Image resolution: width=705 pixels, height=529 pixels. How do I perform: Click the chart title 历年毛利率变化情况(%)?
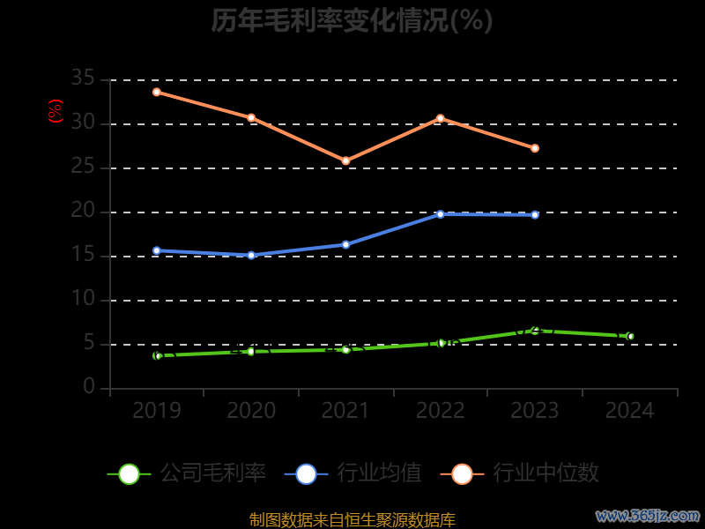pos(352,19)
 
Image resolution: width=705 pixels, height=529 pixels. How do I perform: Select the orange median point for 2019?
pos(156,92)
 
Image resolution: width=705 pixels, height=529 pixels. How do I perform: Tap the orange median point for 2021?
pos(345,160)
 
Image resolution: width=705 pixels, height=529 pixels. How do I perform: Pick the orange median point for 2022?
pos(440,118)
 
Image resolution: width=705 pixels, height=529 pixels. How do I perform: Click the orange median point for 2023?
pos(535,148)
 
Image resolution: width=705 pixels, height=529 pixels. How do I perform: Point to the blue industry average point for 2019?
pos(156,250)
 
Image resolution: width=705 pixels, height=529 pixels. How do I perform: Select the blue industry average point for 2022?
pos(440,214)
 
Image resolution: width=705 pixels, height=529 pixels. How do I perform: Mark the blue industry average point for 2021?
pos(345,244)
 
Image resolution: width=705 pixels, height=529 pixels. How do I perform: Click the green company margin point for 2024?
pos(630,336)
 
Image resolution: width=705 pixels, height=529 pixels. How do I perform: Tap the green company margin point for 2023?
pos(535,331)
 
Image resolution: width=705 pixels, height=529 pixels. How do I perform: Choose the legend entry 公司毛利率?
pos(187,473)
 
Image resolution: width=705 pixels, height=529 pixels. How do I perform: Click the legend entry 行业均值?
pos(353,473)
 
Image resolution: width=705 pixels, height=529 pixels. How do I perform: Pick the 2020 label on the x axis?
pos(251,411)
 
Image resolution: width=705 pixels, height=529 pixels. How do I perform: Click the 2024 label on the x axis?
pos(630,411)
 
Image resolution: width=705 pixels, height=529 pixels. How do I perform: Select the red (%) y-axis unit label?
pos(56,111)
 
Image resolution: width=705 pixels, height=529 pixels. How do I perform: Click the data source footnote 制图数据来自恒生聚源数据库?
pos(352,520)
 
